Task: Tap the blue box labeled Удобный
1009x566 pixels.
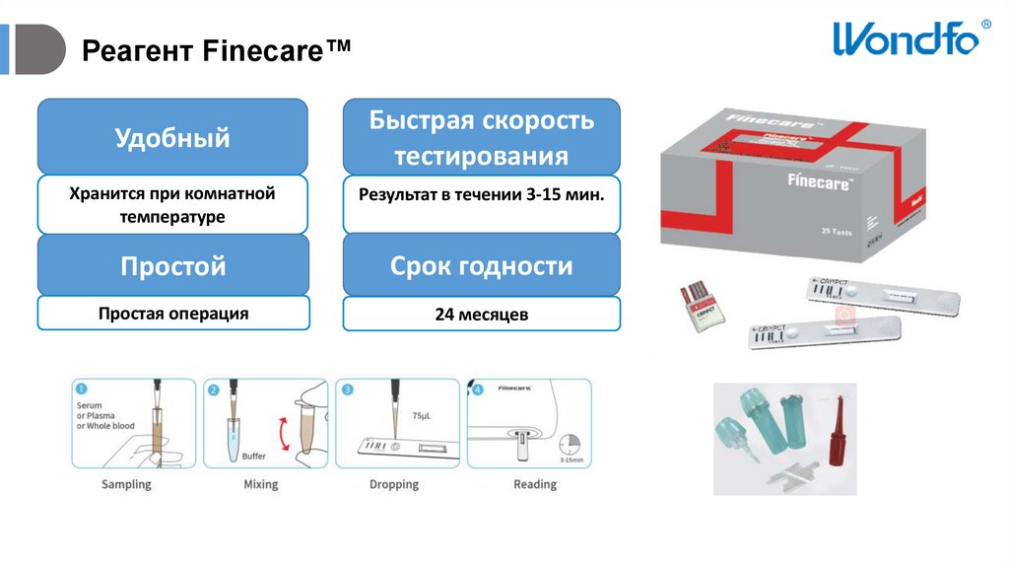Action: [172, 137]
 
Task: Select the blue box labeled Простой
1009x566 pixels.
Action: [172, 265]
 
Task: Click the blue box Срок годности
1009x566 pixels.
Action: [481, 265]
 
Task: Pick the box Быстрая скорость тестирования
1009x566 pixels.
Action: [481, 137]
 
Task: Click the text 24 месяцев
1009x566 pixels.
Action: [481, 315]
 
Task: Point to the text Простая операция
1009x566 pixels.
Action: [172, 314]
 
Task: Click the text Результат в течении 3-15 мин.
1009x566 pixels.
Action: [481, 194]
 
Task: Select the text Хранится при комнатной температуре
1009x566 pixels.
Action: [172, 204]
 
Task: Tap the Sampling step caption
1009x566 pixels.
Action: [126, 484]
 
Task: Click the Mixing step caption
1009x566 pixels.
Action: [260, 484]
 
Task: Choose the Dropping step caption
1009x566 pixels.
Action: [394, 484]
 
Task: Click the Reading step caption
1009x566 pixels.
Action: [535, 484]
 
